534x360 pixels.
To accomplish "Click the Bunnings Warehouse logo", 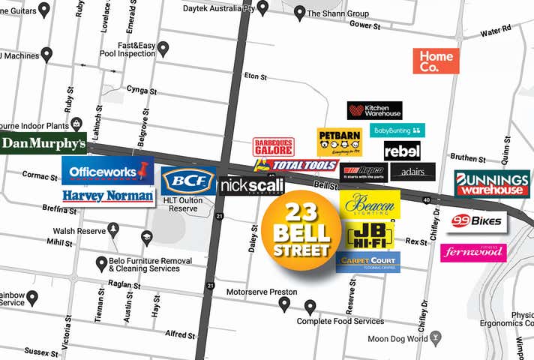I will point(492,183).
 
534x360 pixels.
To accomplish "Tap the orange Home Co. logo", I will point(436,61).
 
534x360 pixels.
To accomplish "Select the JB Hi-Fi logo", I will point(370,234).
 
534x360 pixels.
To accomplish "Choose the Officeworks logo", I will point(107,171).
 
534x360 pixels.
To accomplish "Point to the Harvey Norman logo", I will point(108,196).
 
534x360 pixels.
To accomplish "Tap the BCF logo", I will point(187,181).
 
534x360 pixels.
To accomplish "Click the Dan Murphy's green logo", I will point(43,142).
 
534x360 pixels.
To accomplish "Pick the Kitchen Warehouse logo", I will point(374,110).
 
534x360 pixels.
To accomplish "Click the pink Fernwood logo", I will point(473,253).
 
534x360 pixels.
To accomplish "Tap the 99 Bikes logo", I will point(477,222).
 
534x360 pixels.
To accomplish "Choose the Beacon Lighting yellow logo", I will point(370,204).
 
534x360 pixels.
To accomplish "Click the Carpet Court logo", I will point(367,262).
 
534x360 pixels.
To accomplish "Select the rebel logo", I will point(402,151).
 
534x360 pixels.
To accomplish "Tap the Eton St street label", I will point(256,76).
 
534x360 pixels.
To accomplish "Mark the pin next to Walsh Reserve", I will point(113,229).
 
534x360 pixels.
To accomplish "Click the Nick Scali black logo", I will point(251,185).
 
